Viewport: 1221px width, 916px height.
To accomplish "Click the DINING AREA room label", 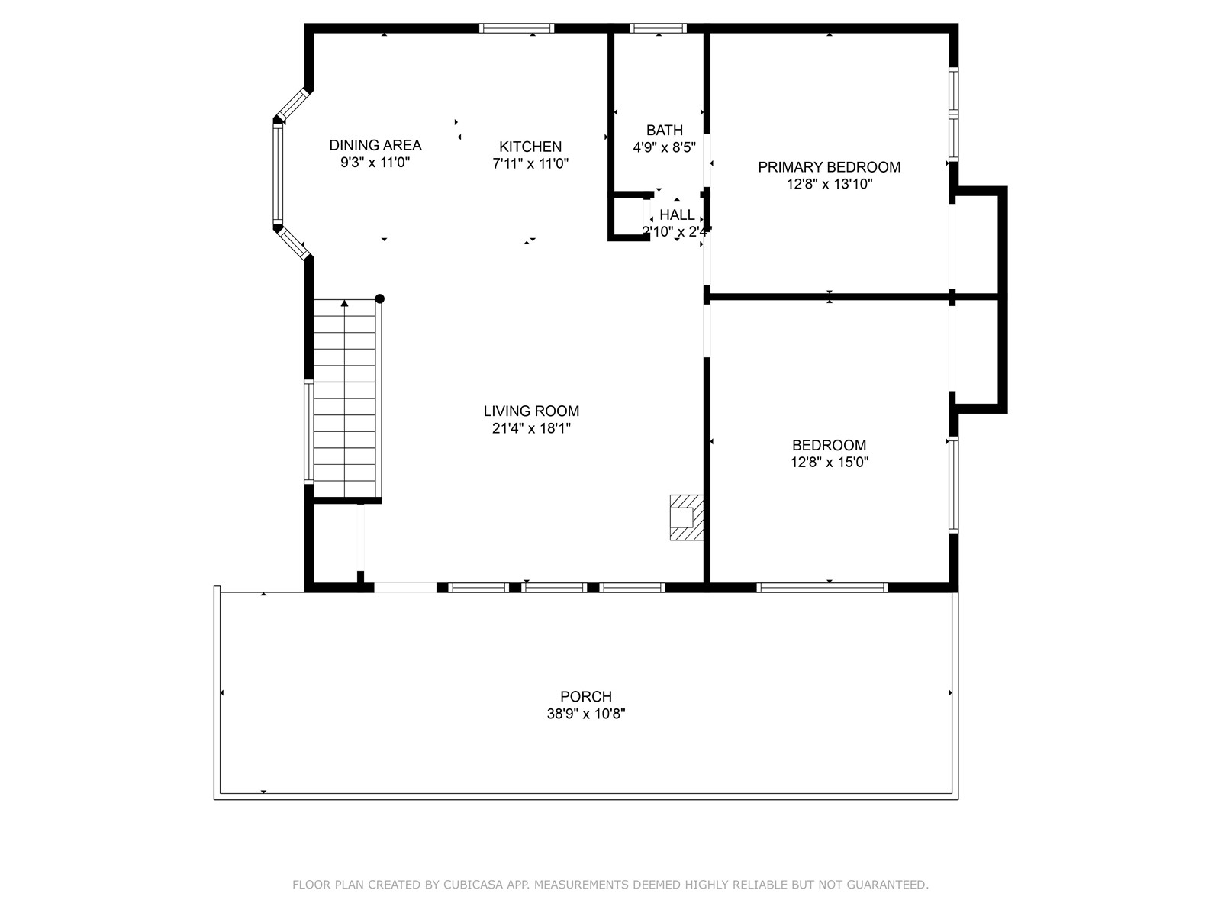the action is [375, 145].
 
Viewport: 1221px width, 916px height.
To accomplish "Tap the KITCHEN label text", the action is [530, 147].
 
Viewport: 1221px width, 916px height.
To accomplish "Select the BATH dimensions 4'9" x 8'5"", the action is [664, 147].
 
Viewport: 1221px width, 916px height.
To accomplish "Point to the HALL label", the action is [677, 214].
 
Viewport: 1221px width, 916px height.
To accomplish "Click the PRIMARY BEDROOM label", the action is [829, 167].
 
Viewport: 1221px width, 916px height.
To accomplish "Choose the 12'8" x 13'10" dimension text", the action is [830, 184].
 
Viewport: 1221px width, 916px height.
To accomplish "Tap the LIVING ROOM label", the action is [531, 411].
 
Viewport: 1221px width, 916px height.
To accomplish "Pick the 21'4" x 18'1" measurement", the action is [531, 428].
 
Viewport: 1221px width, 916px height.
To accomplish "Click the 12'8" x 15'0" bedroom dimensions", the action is [830, 462].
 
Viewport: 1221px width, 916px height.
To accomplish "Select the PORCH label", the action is [586, 696].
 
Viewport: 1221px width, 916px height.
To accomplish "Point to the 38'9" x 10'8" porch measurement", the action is [586, 714].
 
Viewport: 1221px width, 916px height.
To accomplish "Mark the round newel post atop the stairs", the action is [380, 298].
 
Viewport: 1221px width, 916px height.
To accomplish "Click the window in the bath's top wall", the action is [658, 28].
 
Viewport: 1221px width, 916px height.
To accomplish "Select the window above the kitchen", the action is [517, 28].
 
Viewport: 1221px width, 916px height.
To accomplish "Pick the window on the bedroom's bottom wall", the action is [822, 587].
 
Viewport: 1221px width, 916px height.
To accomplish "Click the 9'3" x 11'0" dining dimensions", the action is [375, 163].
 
